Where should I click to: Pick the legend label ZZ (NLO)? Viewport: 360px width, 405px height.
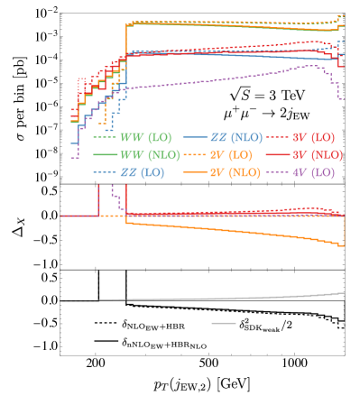tap(236, 138)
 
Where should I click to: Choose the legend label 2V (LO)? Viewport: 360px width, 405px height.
tap(234, 155)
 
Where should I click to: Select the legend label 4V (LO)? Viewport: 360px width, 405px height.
tap(312, 172)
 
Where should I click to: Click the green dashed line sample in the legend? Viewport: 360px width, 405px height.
tap(105, 138)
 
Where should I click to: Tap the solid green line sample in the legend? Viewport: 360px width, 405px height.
tap(105, 155)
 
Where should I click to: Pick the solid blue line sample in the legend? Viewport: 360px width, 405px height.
tap(195, 138)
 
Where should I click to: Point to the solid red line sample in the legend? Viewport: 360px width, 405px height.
tap(276, 155)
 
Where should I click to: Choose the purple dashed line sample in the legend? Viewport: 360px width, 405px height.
tap(276, 172)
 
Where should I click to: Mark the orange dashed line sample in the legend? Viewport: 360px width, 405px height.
tap(195, 155)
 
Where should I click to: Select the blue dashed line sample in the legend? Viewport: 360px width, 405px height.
tap(105, 172)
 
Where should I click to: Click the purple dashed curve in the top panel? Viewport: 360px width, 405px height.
tap(226, 78)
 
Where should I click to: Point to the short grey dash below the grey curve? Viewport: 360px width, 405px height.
tap(224, 323)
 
